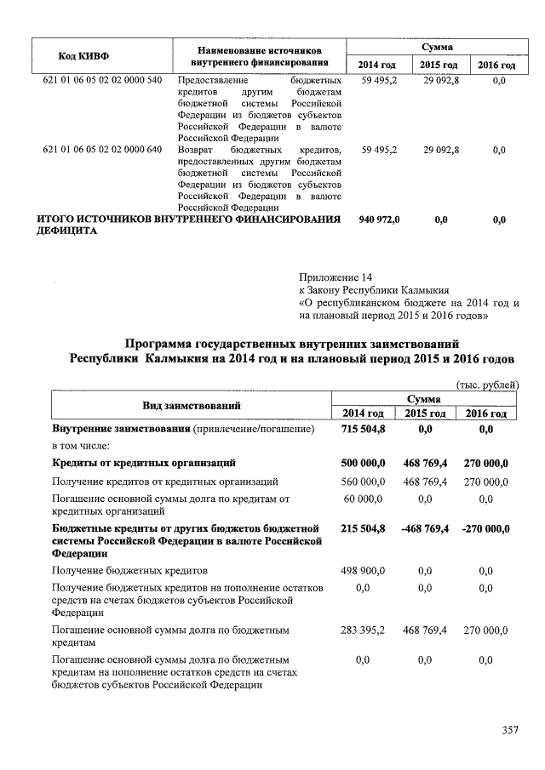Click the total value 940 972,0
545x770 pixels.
[379, 220]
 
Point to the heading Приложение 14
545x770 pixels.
[336, 277]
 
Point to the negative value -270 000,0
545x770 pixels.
[485, 528]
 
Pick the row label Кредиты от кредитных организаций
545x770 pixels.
[144, 464]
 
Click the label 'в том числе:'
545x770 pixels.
[81, 446]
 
